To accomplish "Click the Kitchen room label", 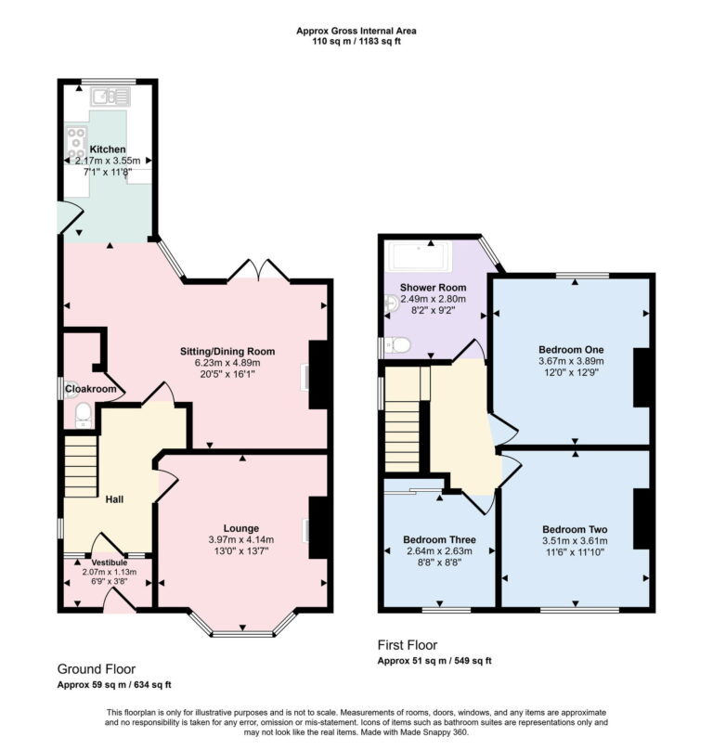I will click(x=107, y=149).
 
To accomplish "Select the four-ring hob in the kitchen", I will click(x=74, y=143).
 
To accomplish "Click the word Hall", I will click(x=114, y=499).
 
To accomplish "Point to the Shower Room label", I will click(x=433, y=287).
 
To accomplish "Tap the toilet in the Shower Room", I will click(x=397, y=345).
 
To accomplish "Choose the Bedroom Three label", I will click(x=439, y=539).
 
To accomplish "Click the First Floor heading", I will click(x=407, y=645).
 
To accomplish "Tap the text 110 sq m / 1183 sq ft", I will click(x=356, y=41).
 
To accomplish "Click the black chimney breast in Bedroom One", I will click(x=642, y=377).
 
